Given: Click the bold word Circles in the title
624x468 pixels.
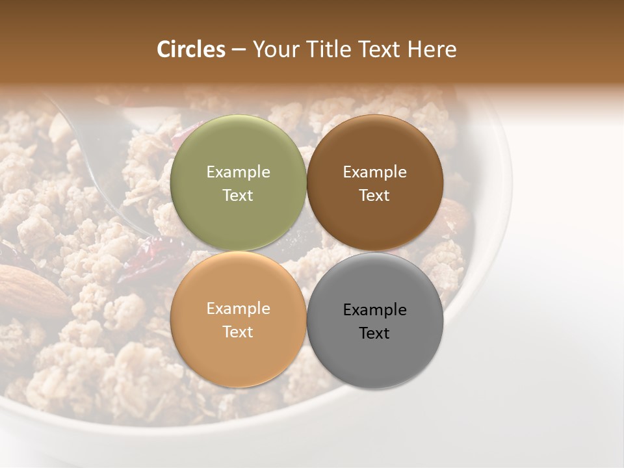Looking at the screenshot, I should [190, 49].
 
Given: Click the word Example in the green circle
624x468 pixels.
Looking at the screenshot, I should [238, 172].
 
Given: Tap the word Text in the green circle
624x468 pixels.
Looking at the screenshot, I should [238, 196].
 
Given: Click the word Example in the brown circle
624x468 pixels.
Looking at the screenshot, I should [374, 172].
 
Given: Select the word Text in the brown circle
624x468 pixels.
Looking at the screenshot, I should [374, 196].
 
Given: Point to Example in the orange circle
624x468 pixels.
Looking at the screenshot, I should [238, 309].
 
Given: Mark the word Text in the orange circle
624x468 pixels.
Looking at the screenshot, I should [238, 332].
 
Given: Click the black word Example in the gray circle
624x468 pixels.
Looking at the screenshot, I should [374, 310].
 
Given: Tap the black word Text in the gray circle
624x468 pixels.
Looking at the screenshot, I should [374, 333].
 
